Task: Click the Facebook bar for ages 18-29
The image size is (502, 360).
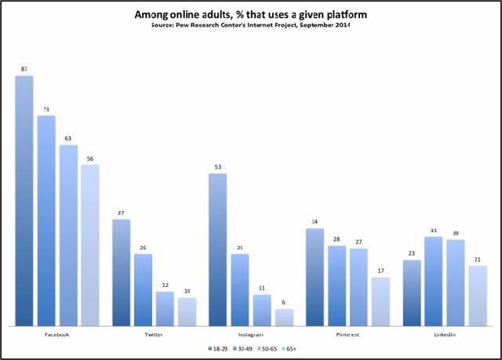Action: coord(24,200)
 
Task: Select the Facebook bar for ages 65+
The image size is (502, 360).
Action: coord(90,245)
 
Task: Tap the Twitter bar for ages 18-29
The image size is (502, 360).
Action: coord(122,272)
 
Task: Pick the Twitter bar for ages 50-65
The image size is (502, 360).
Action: coord(165,308)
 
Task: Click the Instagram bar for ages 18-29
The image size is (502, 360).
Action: coord(217,249)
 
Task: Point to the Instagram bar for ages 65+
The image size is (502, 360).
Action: coord(283,317)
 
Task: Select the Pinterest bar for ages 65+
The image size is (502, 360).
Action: coord(380,301)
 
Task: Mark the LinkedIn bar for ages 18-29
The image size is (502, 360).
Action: coord(411,293)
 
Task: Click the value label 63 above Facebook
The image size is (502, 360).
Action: coord(68,137)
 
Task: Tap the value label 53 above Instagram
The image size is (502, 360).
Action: coord(217,166)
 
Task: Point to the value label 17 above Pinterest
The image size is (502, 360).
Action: coord(380,270)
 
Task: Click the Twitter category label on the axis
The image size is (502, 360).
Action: coord(154,335)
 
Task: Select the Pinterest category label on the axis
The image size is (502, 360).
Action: coord(347,335)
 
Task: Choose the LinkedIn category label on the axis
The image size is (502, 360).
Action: coord(444,335)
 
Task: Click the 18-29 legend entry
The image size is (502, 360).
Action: coord(216,347)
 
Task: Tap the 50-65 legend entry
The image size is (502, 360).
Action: coord(265,347)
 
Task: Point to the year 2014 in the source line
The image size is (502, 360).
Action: coord(340,25)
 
